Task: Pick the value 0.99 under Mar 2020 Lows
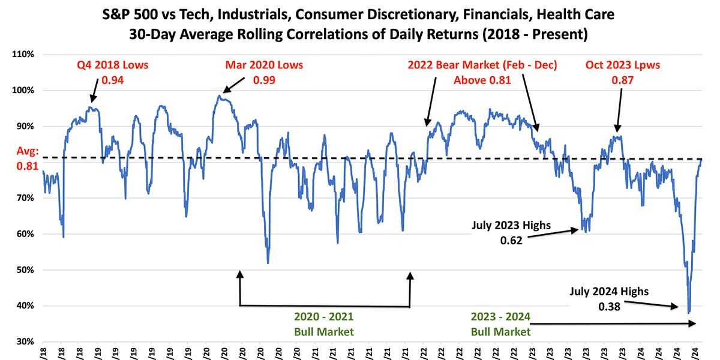click(x=264, y=79)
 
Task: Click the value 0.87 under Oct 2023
click(x=623, y=79)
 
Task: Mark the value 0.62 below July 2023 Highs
click(x=511, y=241)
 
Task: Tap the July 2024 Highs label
click(x=609, y=292)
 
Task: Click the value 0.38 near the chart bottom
click(x=609, y=306)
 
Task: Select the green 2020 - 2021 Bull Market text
click(x=325, y=324)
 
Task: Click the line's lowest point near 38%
click(x=689, y=313)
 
